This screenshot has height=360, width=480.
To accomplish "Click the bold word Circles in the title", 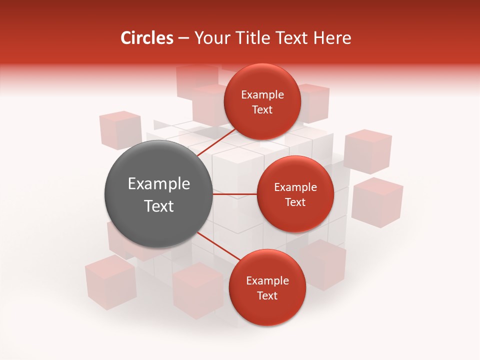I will [146, 38].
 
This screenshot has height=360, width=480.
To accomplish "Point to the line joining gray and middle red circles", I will [235, 194].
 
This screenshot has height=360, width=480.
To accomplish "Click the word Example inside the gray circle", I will [159, 184].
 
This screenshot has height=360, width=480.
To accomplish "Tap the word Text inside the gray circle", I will [159, 206].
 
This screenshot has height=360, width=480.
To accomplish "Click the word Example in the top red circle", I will [262, 95].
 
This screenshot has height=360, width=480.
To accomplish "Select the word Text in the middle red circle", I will [295, 202].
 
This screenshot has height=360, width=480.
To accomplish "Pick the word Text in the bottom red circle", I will [267, 295].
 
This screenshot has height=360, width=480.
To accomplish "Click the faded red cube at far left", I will [120, 130].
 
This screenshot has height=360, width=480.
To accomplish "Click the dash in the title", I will [183, 38].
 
